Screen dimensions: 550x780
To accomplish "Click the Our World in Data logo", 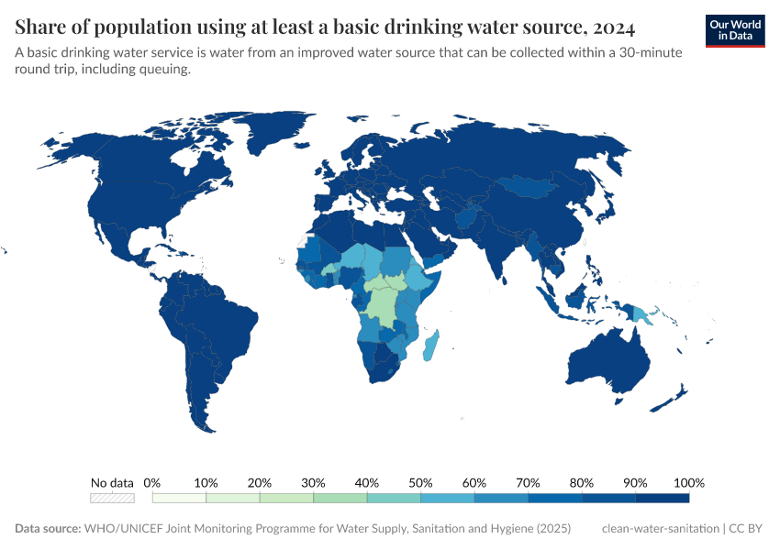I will pyautogui.click(x=735, y=29).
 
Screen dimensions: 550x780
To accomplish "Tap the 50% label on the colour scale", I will pyautogui.click(x=420, y=482).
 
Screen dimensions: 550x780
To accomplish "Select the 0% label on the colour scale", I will pyautogui.click(x=152, y=482).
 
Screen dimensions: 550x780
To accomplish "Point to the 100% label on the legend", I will pyautogui.click(x=688, y=482).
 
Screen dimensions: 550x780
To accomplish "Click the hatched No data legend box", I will pyautogui.click(x=112, y=498).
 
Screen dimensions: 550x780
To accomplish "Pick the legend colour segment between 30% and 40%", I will pyautogui.click(x=340, y=498).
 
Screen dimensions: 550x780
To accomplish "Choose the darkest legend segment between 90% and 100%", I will pyautogui.click(x=662, y=498).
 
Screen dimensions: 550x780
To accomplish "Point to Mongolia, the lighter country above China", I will pyautogui.click(x=528, y=186).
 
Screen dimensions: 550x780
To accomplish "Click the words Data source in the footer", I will pyautogui.click(x=48, y=529).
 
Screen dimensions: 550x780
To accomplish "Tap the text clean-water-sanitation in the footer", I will pyautogui.click(x=660, y=529).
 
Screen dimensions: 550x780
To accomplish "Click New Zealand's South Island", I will pyautogui.click(x=667, y=401).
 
